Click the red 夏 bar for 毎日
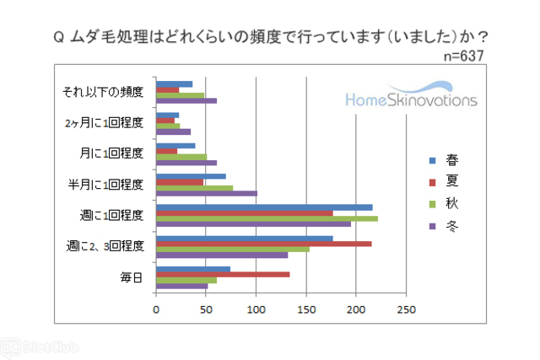click(x=222, y=274)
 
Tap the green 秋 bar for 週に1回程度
click(x=267, y=218)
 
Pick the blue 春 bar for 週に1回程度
click(x=264, y=207)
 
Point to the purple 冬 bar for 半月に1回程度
click(x=206, y=193)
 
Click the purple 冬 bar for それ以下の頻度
click(x=186, y=100)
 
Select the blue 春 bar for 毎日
click(x=192, y=269)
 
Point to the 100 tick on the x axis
click(x=256, y=309)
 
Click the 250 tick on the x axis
click(x=406, y=309)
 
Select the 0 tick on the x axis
click(x=156, y=309)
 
